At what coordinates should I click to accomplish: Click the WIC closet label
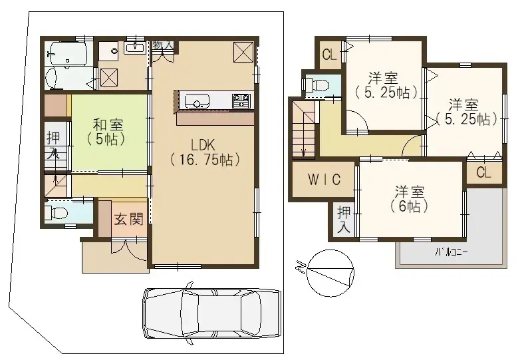pyautogui.click(x=324, y=180)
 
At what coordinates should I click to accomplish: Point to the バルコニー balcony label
pyautogui.click(x=451, y=252)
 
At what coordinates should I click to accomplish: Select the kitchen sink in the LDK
pyautogui.click(x=197, y=102)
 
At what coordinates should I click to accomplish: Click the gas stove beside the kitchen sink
pyautogui.click(x=241, y=100)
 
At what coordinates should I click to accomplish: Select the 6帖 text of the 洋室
pyautogui.click(x=405, y=206)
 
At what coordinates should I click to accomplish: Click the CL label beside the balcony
pyautogui.click(x=483, y=173)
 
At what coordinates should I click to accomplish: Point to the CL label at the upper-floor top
pyautogui.click(x=329, y=55)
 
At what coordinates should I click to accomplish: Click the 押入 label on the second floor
pyautogui.click(x=343, y=219)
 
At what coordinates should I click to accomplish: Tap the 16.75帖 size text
pyautogui.click(x=205, y=160)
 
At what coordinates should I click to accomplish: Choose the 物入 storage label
pyautogui.click(x=162, y=45)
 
